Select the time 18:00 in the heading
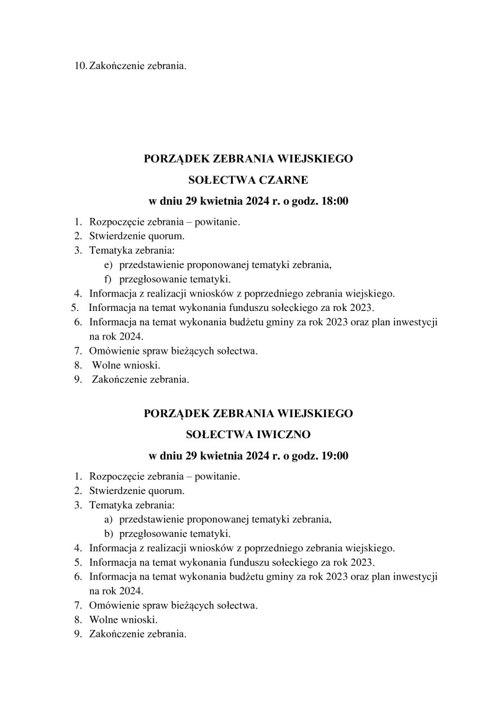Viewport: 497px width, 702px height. tap(334, 201)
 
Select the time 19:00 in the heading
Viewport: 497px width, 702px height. tap(334, 456)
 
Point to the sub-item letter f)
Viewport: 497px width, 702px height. tap(108, 279)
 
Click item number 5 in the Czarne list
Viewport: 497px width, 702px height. tap(75, 307)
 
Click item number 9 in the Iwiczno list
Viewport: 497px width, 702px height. tap(78, 634)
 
